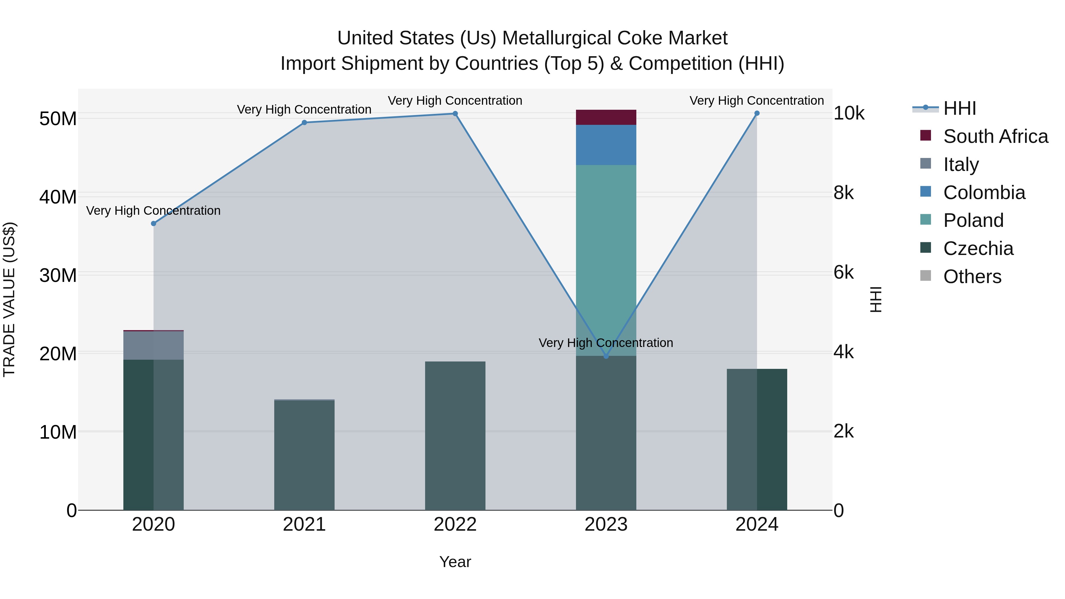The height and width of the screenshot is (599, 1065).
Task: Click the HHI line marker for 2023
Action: point(606,356)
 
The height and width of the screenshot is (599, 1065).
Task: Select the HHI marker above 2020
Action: point(153,224)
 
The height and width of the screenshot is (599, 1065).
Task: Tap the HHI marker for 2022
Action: point(455,114)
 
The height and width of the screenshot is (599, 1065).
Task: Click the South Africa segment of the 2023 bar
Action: point(606,117)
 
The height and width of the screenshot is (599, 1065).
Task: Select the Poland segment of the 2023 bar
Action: point(606,248)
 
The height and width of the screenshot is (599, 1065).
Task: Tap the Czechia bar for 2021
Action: point(304,455)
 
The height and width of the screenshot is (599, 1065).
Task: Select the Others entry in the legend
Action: point(972,277)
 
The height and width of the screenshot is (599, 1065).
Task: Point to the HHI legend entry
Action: point(959,108)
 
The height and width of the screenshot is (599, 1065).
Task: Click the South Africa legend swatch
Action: point(926,135)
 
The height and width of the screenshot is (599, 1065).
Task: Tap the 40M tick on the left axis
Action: point(58,197)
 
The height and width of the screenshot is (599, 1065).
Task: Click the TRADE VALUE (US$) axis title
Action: point(9,299)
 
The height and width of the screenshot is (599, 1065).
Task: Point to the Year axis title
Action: point(455,562)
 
